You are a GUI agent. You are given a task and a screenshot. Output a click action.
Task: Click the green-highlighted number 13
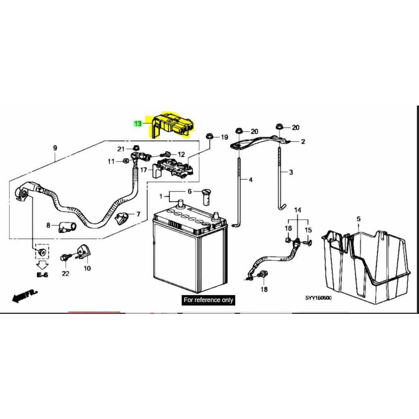coord(138,124)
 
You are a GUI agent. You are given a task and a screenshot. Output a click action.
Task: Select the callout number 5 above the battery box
coord(358,219)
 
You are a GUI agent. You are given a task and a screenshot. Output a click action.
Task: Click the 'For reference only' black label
coord(208,300)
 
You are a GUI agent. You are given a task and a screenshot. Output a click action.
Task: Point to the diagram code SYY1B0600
coord(318,298)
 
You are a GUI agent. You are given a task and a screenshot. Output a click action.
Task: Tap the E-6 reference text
coord(43,275)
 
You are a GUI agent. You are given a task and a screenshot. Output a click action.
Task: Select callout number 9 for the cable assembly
coord(55,148)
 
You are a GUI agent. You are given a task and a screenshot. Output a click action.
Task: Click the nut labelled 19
coord(209,136)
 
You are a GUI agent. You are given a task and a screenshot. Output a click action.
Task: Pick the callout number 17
coord(144,170)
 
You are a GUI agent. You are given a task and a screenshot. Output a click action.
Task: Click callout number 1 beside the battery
coord(160,196)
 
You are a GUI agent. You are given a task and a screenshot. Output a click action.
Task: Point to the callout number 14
coord(298,210)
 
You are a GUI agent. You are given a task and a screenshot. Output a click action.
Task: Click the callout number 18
coord(264,289)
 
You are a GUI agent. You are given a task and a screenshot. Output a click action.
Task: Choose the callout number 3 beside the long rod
coord(291,172)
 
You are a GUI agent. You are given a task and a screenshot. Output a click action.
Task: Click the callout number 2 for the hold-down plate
coord(303,141)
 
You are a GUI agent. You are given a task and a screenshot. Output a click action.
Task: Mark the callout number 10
coord(88,268)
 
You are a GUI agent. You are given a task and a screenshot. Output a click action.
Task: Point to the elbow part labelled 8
coord(67,228)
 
